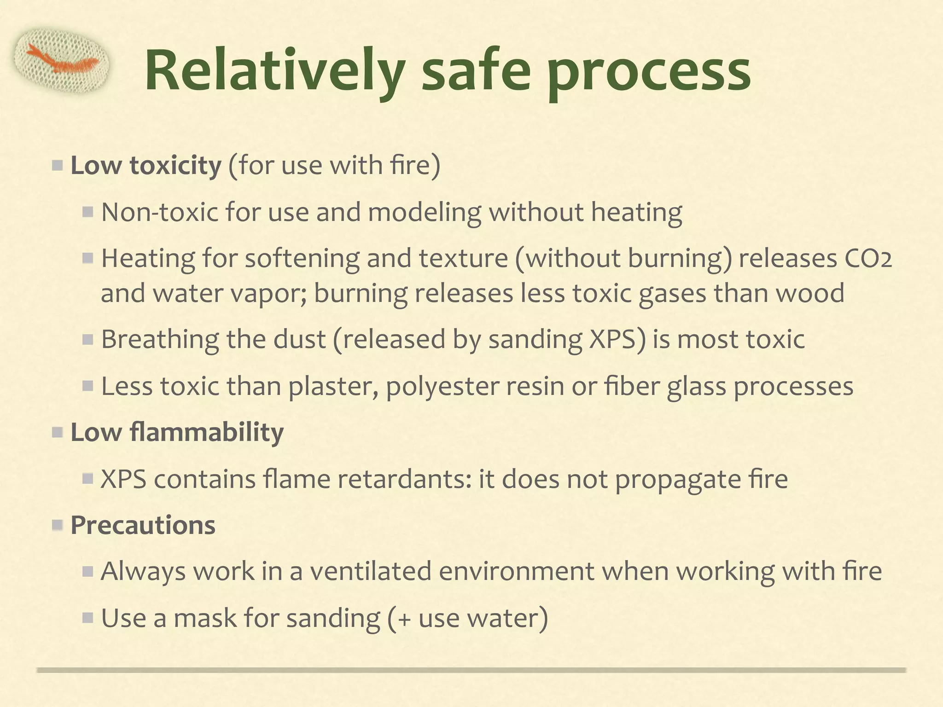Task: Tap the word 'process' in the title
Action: click(x=649, y=74)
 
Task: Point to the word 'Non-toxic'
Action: click(x=159, y=212)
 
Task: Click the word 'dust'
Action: click(x=299, y=340)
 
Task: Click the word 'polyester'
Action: click(x=442, y=386)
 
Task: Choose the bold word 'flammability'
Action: click(x=207, y=433)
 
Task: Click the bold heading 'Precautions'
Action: click(x=143, y=525)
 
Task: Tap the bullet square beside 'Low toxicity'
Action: click(x=57, y=166)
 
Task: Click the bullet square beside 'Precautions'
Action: click(x=57, y=525)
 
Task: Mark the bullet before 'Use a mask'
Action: click(x=88, y=618)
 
